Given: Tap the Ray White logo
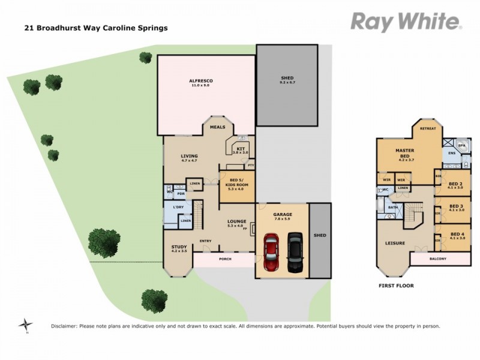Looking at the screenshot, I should pyautogui.click(x=406, y=22).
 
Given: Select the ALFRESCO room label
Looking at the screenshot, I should pyautogui.click(x=201, y=81).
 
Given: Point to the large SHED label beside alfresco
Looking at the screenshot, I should pyautogui.click(x=287, y=79).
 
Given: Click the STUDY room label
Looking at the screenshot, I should pyautogui.click(x=179, y=247).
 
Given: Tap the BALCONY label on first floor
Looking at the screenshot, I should pyautogui.click(x=440, y=259).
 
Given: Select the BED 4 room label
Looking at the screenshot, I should pyautogui.click(x=457, y=234).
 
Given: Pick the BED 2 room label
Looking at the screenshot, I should pyautogui.click(x=456, y=184).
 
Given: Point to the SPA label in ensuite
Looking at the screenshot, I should pyautogui.click(x=461, y=145).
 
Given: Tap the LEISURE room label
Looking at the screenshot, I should pyautogui.click(x=395, y=243).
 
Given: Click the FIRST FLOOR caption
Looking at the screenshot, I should pyautogui.click(x=395, y=286).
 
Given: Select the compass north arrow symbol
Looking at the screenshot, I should pyautogui.click(x=25, y=325).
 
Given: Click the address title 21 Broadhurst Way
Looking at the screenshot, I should pyautogui.click(x=95, y=28).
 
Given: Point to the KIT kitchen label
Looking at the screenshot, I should pyautogui.click(x=241, y=148).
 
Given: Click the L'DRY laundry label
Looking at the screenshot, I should pyautogui.click(x=178, y=207).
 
